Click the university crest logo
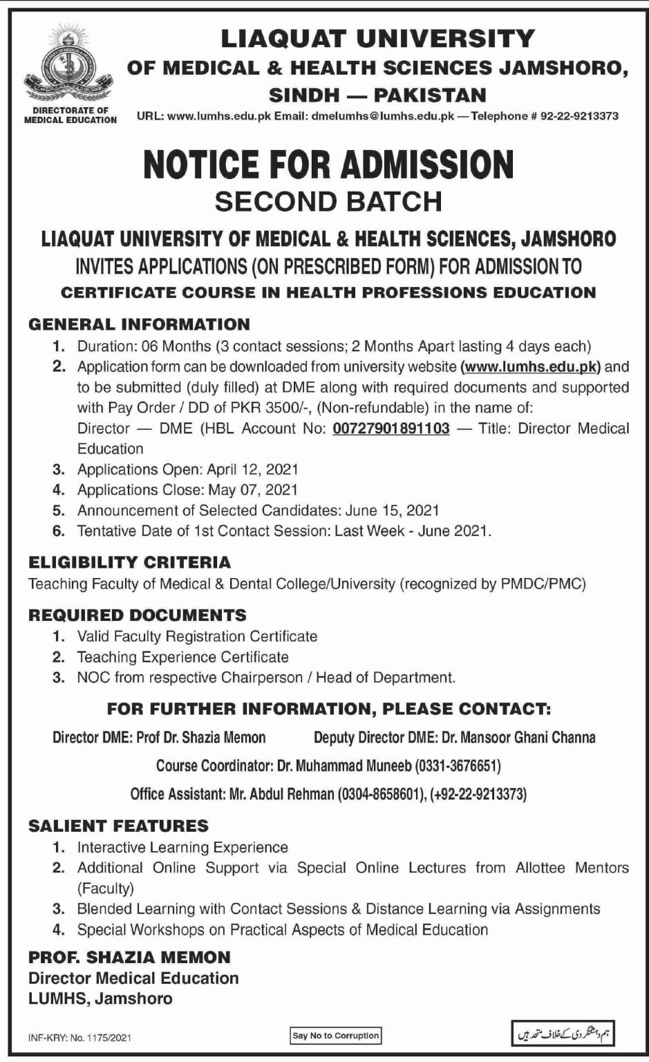point(70,66)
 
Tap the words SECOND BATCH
point(328,201)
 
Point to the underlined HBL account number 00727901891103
point(391,428)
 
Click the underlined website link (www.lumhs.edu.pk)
point(531,366)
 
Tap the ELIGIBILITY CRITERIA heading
point(129,562)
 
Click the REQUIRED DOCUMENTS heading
point(137,615)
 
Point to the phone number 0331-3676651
point(457,766)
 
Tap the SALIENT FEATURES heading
point(118,826)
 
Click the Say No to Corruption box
point(335,1036)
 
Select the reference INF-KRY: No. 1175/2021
point(80,1038)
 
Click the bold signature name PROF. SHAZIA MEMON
point(129,958)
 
